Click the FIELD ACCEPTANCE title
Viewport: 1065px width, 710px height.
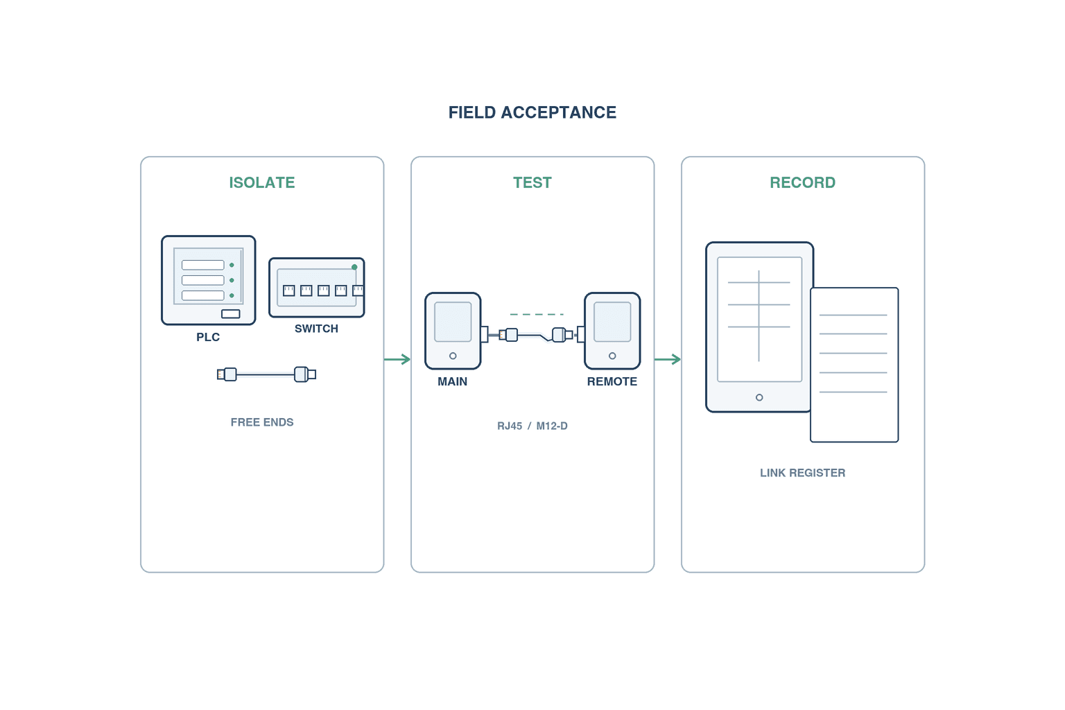pos(532,112)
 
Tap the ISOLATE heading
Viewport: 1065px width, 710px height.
pos(262,182)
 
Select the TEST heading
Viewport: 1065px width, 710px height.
pos(532,182)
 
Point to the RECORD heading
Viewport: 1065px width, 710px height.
pos(802,182)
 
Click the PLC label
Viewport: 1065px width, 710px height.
pos(208,337)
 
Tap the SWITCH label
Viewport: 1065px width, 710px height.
pos(316,329)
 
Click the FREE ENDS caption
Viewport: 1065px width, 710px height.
pos(262,422)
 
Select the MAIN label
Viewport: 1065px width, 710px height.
pos(452,381)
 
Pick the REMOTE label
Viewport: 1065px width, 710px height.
pos(612,381)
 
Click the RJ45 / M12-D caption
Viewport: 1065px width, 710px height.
pos(532,426)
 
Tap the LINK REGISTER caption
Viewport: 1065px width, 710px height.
pos(802,473)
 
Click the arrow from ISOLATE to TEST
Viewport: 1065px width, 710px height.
pos(397,359)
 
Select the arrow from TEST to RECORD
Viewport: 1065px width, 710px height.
pos(668,359)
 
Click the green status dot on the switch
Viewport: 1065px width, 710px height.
pos(354,267)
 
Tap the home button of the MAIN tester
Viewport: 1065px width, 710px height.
pos(453,356)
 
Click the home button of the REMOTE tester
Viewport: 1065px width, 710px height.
pos(612,356)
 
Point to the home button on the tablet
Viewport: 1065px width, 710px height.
pos(759,397)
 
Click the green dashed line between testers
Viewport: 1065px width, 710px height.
pos(537,314)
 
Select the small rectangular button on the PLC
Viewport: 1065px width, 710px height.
pos(231,314)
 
